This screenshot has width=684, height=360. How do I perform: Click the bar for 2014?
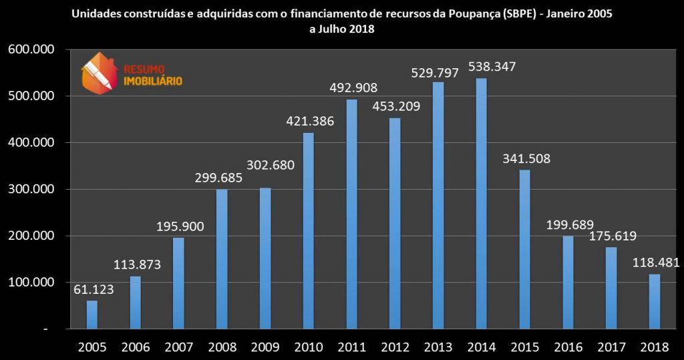click(x=481, y=204)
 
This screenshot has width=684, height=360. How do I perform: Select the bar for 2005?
click(x=92, y=315)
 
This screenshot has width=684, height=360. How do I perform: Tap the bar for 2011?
click(x=351, y=214)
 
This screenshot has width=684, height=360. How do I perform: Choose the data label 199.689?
click(x=569, y=224)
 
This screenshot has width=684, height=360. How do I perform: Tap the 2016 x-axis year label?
click(x=568, y=347)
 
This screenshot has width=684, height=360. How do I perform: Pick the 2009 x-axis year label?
click(x=265, y=347)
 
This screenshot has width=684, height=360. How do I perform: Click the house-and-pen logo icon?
click(x=98, y=73)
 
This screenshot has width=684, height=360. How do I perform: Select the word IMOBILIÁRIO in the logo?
click(x=153, y=81)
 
